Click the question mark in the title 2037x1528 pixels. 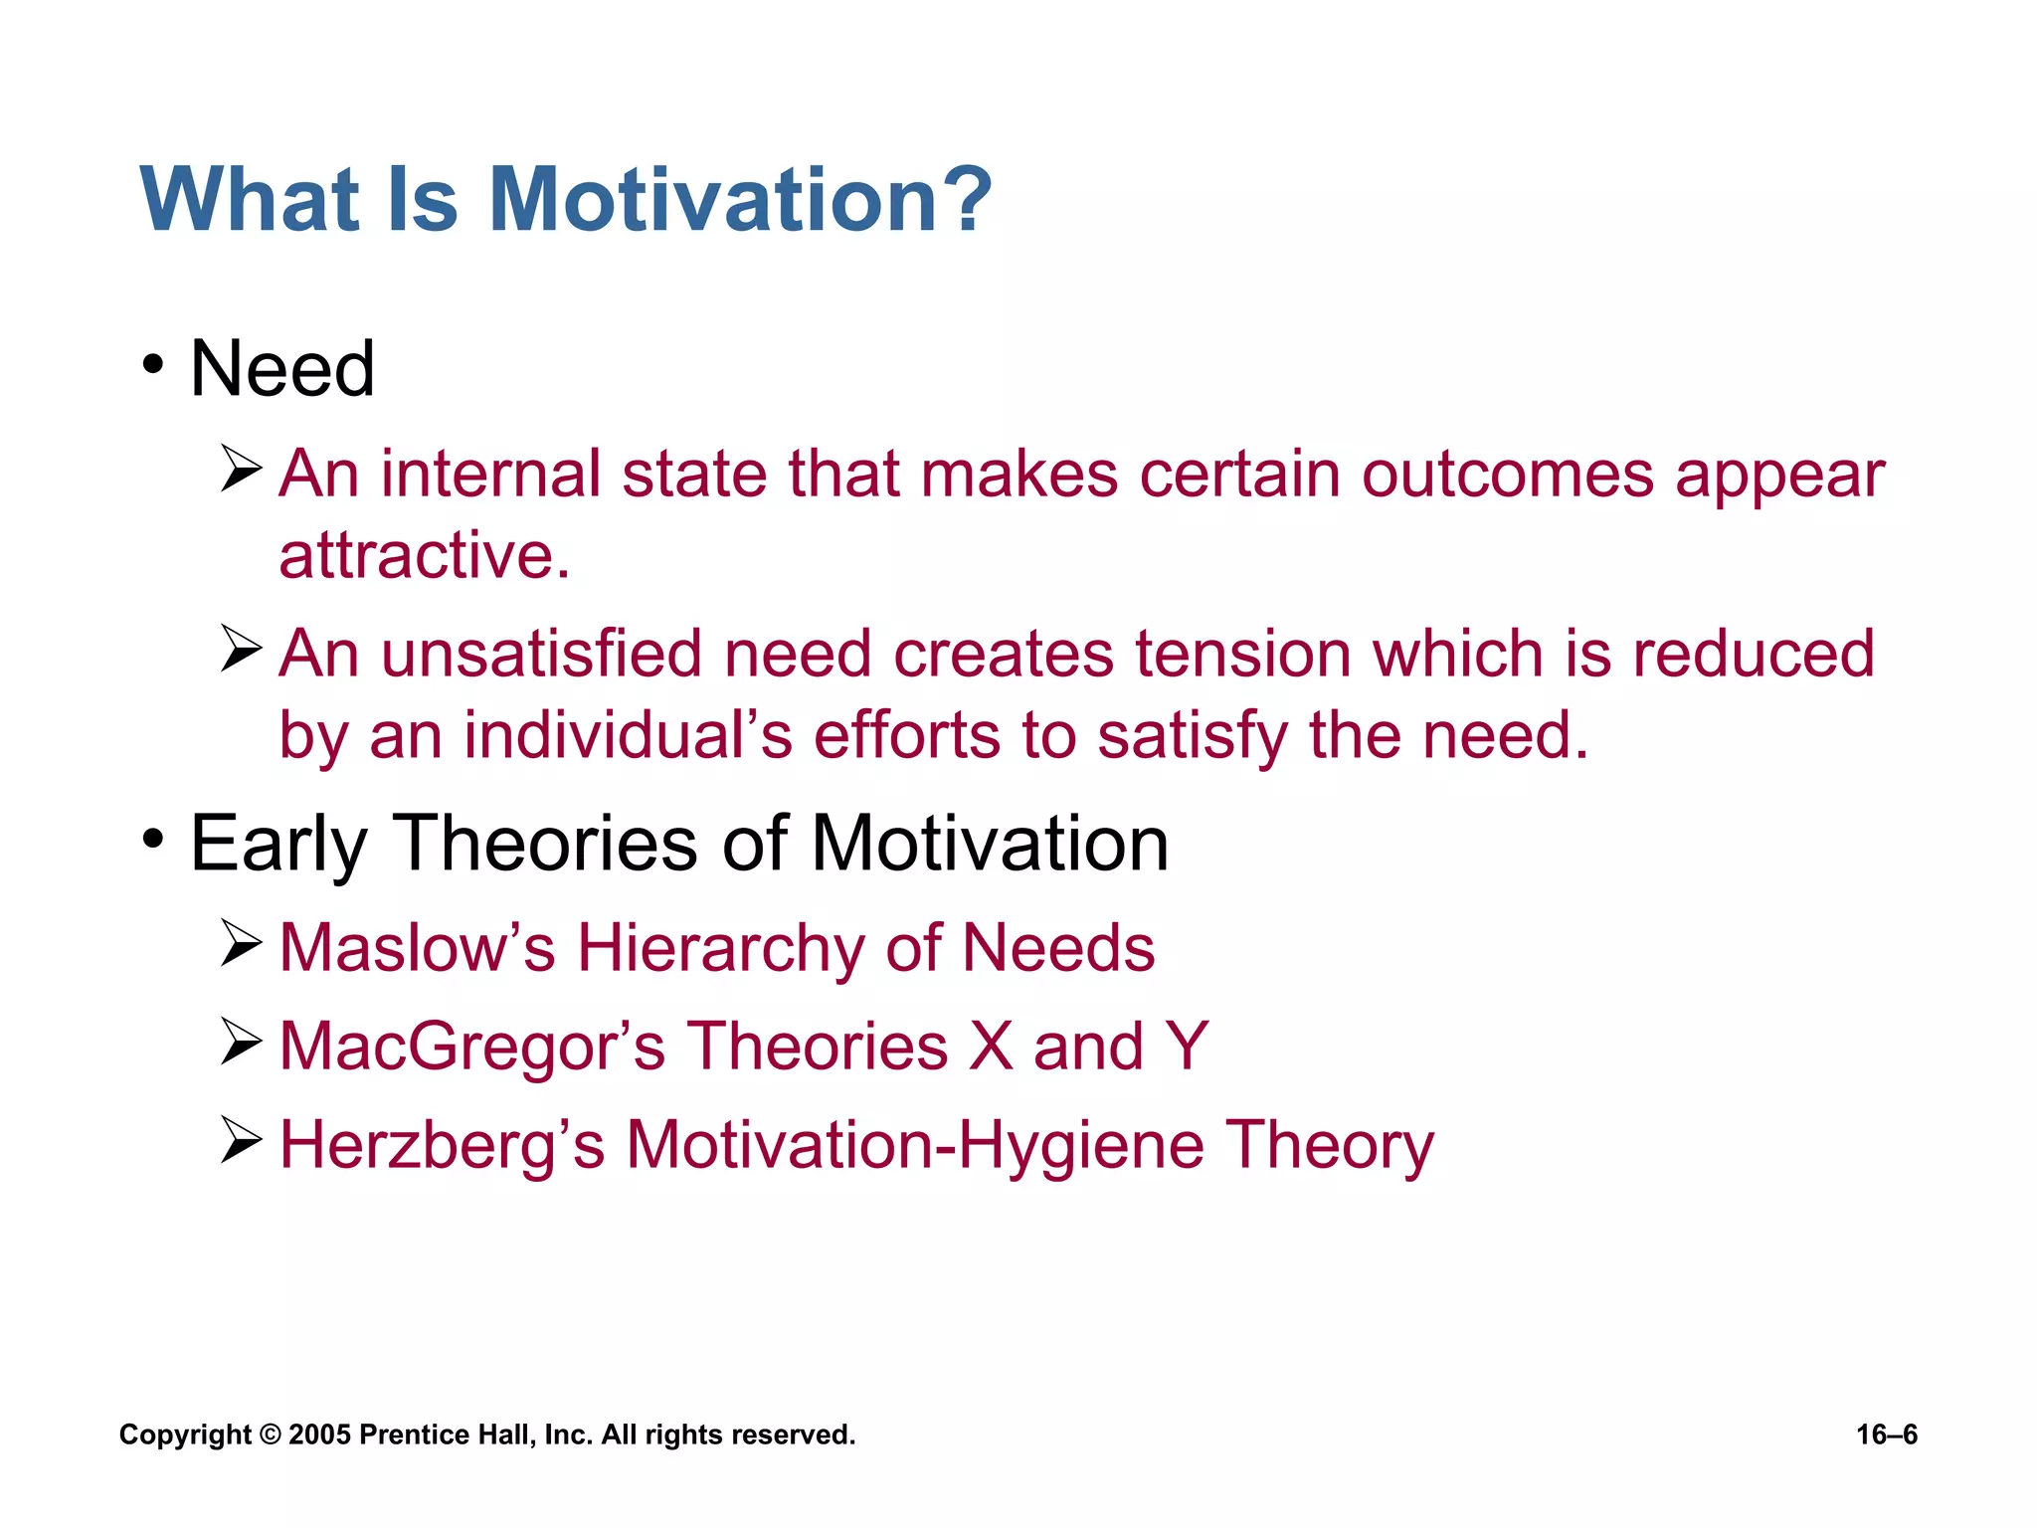click(964, 200)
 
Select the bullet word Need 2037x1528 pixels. click(282, 369)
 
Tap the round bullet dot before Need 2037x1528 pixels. click(152, 365)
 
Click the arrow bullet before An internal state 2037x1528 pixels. click(241, 469)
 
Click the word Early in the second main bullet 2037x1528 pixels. click(278, 845)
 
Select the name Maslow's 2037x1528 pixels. click(417, 947)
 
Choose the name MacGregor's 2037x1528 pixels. click(471, 1047)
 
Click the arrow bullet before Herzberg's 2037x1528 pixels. click(241, 1140)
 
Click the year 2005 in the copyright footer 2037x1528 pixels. click(319, 1434)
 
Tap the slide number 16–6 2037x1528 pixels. click(1887, 1434)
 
